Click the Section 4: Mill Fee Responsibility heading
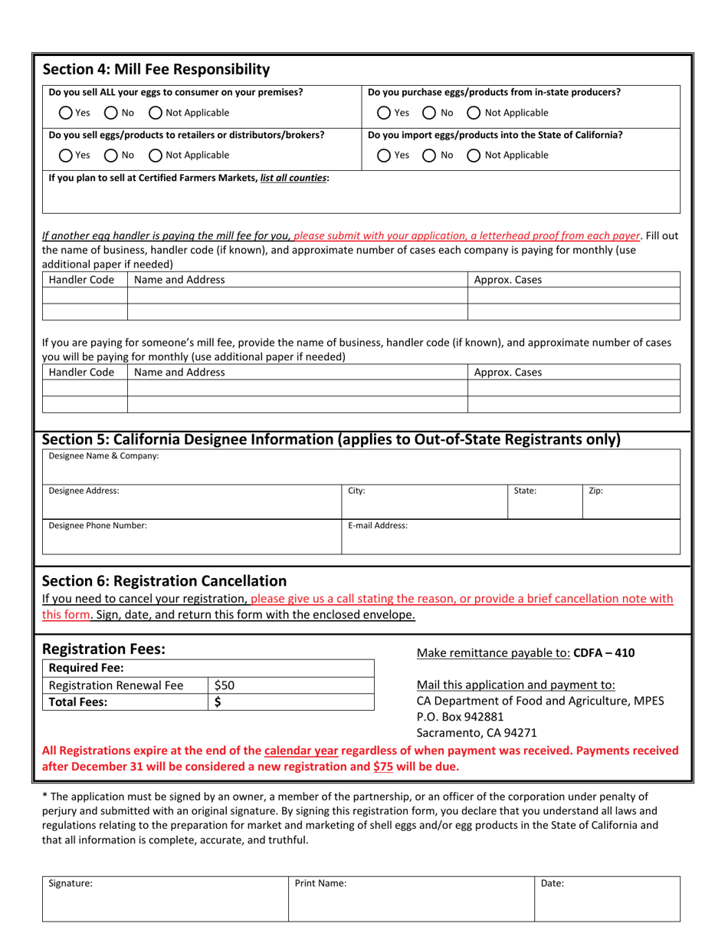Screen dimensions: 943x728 pos(156,70)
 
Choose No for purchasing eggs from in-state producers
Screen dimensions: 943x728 pos(430,113)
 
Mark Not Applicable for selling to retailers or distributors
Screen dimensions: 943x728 pos(155,155)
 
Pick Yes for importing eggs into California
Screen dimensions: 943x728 pos(385,155)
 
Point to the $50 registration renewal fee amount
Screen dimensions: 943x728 pos(225,685)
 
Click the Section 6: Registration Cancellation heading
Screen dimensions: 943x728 pos(164,580)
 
